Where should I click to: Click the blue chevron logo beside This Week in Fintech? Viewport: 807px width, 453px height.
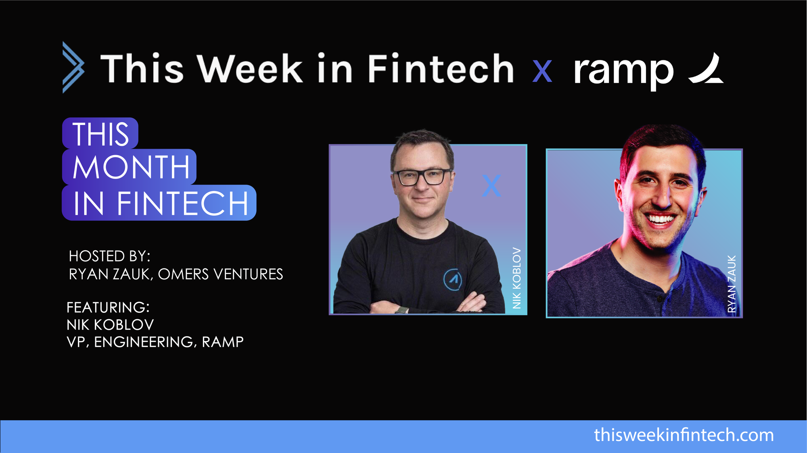tap(73, 67)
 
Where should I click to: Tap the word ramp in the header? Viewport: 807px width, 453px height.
tap(623, 71)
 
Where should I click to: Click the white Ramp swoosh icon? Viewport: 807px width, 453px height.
tap(707, 69)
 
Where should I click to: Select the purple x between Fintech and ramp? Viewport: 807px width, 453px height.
tap(542, 71)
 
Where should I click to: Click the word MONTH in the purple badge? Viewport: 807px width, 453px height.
tap(131, 167)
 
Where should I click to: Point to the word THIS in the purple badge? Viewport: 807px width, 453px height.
tap(101, 134)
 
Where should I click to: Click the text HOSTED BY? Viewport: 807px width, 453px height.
tap(109, 256)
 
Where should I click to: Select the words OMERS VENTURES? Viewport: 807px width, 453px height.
tap(220, 274)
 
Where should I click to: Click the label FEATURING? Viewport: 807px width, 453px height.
tap(108, 308)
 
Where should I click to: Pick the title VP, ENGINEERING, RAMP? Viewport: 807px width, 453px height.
tap(155, 342)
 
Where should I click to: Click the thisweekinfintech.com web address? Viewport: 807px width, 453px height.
tap(684, 435)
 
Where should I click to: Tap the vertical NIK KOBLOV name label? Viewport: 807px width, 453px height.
tap(516, 278)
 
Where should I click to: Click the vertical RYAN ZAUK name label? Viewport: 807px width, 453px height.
tap(732, 284)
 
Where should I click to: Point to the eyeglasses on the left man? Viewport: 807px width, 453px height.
tap(422, 177)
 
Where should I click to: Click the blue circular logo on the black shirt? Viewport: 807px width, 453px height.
tap(453, 279)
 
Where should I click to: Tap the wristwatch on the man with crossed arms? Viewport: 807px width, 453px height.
tap(401, 310)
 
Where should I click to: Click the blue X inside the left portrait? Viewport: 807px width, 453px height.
tap(491, 186)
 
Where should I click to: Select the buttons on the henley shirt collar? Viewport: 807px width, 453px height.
tap(659, 299)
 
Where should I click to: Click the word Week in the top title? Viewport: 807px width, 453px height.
tap(250, 69)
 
